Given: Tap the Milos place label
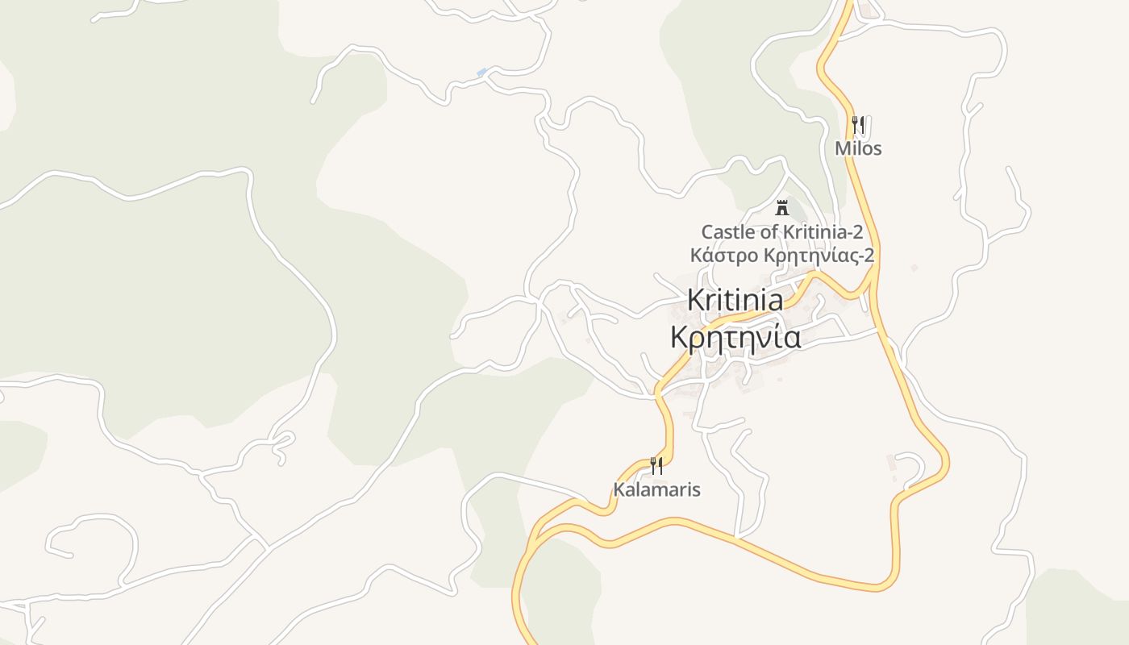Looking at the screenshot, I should [858, 148].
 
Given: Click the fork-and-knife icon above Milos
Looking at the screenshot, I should [858, 125].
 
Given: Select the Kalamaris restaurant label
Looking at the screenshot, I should [656, 489].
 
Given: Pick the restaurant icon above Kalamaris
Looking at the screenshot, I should [656, 465].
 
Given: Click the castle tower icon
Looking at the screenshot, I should [781, 207].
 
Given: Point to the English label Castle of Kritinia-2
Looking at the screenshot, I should [781, 232].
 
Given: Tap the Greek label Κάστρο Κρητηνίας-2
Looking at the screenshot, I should [781, 256].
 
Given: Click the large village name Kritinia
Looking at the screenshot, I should [735, 300].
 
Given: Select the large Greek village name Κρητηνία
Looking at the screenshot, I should [735, 336].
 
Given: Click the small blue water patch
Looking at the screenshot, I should [481, 73].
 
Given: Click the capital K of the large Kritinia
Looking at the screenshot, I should [695, 300].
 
